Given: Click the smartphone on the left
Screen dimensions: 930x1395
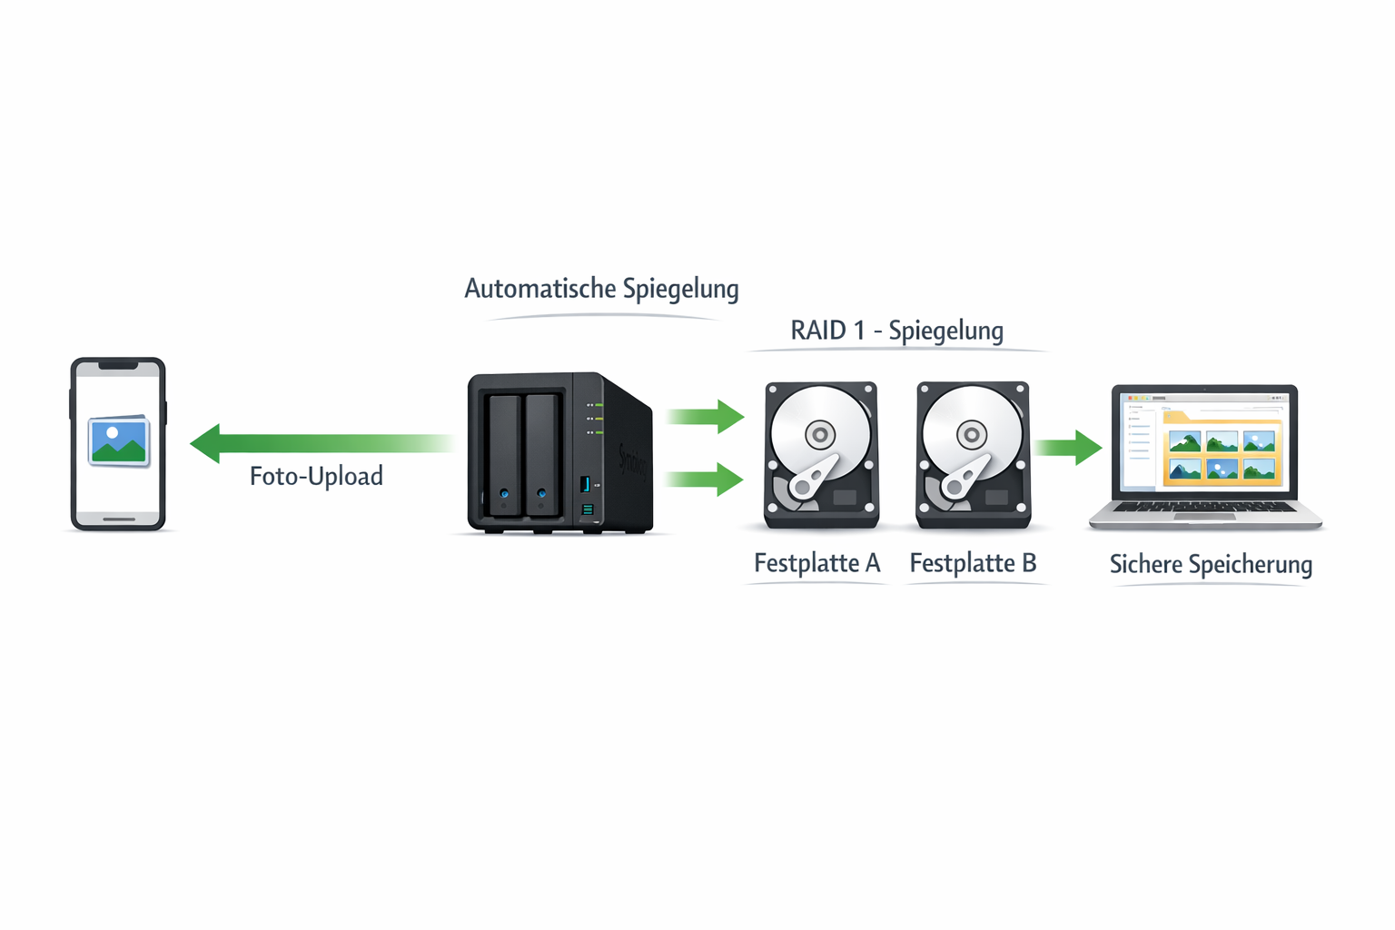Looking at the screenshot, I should (118, 444).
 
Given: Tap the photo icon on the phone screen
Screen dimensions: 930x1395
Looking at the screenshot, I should (119, 440).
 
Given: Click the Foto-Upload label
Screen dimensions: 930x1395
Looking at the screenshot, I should (316, 476).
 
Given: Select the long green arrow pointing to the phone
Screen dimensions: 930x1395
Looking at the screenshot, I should (318, 443).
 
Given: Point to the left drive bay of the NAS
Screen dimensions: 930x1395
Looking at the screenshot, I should (504, 454).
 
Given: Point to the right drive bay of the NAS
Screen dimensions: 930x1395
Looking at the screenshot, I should (541, 454).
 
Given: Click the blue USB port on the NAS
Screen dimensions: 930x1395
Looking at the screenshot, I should (585, 484).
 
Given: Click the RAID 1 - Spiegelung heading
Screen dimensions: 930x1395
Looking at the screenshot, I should (896, 331).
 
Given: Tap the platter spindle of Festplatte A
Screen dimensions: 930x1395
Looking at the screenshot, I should (820, 435).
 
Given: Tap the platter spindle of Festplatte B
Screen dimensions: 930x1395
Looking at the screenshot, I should (972, 435).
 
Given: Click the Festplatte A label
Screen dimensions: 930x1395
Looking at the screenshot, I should (816, 563).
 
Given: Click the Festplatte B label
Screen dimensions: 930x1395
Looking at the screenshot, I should (973, 563).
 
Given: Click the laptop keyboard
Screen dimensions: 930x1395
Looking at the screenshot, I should (1204, 508).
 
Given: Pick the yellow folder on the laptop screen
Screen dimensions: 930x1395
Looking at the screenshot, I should (1222, 450).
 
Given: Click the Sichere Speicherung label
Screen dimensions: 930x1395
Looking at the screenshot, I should (1211, 564).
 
